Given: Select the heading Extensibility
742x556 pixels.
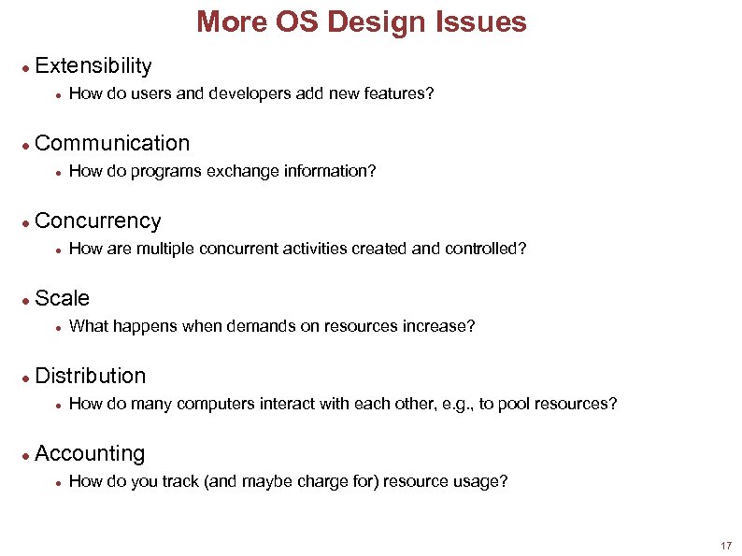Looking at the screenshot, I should pos(93,65).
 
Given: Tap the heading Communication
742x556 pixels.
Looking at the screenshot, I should pos(111,143).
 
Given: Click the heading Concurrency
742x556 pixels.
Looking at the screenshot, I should pos(97,221).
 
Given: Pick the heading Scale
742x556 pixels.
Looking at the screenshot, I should pos(62,298).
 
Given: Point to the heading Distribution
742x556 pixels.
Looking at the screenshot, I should pos(90,376).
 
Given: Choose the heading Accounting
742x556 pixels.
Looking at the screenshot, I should pos(90,453).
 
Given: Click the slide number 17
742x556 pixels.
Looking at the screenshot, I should pos(726,545).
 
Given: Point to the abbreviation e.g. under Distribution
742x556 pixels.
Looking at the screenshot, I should pos(455,404).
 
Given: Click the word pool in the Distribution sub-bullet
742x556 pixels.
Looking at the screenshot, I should pos(514,404).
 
